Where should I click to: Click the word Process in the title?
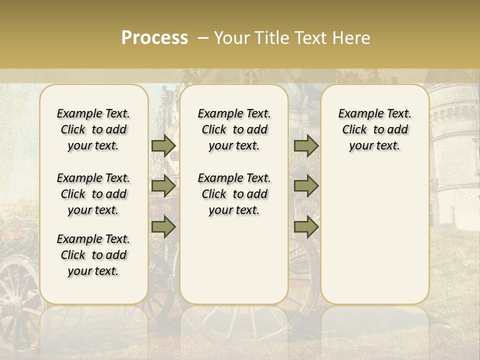(154, 38)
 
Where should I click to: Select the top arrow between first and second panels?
(163, 145)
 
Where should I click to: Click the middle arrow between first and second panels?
(163, 186)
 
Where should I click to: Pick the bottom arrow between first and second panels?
(163, 227)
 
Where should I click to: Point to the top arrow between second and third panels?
(306, 145)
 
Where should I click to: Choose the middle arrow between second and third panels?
(306, 186)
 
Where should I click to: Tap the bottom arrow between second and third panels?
(306, 227)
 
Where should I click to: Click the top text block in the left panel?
(93, 129)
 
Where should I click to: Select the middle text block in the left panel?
(93, 194)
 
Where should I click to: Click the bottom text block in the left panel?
(93, 255)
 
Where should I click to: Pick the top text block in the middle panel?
(234, 129)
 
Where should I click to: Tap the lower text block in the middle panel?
(234, 194)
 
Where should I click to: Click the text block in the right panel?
(375, 129)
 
